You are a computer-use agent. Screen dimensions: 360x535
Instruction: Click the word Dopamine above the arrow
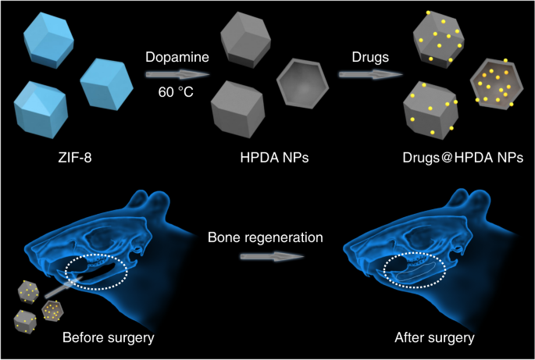pos(178,57)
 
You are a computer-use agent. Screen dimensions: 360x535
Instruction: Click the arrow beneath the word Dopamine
pos(178,75)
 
